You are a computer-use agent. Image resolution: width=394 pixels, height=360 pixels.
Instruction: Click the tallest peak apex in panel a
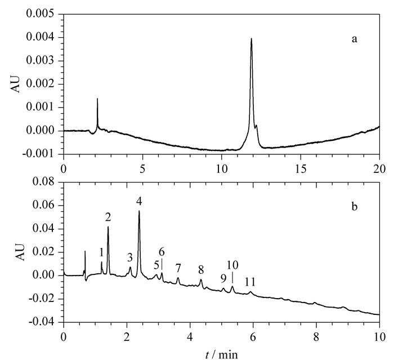pyautogui.click(x=251, y=38)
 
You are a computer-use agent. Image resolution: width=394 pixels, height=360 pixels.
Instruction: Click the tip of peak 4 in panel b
pyautogui.click(x=139, y=211)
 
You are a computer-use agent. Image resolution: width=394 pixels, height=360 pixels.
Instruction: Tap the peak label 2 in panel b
pyautogui.click(x=108, y=217)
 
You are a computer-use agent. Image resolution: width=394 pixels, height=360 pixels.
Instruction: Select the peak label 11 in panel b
pyautogui.click(x=250, y=282)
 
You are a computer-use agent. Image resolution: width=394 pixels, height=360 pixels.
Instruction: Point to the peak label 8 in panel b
pyautogui.click(x=201, y=270)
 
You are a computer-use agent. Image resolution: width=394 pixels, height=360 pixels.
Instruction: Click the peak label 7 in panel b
pyautogui.click(x=178, y=268)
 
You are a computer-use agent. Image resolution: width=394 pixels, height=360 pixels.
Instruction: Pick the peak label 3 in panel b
pyautogui.click(x=129, y=257)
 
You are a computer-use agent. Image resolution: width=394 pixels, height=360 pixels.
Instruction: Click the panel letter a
pyautogui.click(x=354, y=39)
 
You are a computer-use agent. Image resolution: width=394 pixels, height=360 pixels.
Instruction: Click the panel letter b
pyautogui.click(x=354, y=207)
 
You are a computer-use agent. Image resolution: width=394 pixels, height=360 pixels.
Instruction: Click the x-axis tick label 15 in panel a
pyautogui.click(x=301, y=170)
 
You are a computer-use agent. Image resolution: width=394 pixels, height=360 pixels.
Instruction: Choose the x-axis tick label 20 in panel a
pyautogui.click(x=379, y=170)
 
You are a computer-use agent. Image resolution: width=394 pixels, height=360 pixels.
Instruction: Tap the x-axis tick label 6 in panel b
pyautogui.click(x=253, y=337)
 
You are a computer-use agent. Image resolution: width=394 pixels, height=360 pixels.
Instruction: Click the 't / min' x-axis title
pyautogui.click(x=222, y=355)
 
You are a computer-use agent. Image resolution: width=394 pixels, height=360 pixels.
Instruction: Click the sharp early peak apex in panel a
pyautogui.click(x=97, y=99)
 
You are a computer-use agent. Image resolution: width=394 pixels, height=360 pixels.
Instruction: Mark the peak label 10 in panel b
pyautogui.click(x=232, y=265)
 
